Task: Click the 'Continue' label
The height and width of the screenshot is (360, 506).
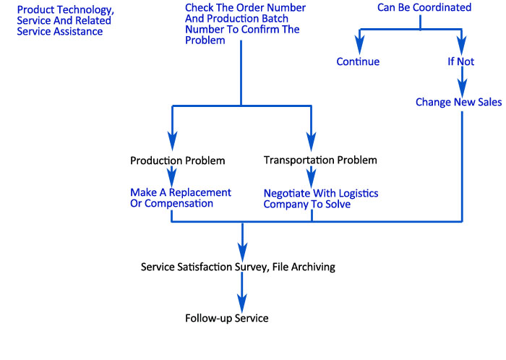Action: coord(358,61)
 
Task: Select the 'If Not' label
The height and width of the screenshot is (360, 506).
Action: coord(460,61)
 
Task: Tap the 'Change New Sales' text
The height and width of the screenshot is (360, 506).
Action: coord(458,102)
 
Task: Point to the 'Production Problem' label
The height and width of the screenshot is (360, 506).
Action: coord(177,160)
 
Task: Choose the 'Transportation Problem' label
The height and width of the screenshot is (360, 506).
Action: coord(320,160)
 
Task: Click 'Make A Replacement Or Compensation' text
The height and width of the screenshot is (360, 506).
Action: coord(181,198)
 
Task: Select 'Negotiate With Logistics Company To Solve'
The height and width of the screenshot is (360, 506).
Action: coord(320,199)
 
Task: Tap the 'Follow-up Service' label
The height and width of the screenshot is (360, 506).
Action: coord(226,318)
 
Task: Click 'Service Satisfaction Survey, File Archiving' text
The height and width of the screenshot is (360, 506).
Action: coord(239,267)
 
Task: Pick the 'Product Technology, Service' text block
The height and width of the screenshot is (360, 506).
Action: coord(65,21)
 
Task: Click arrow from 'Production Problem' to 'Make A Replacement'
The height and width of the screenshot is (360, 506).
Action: coord(172,176)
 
